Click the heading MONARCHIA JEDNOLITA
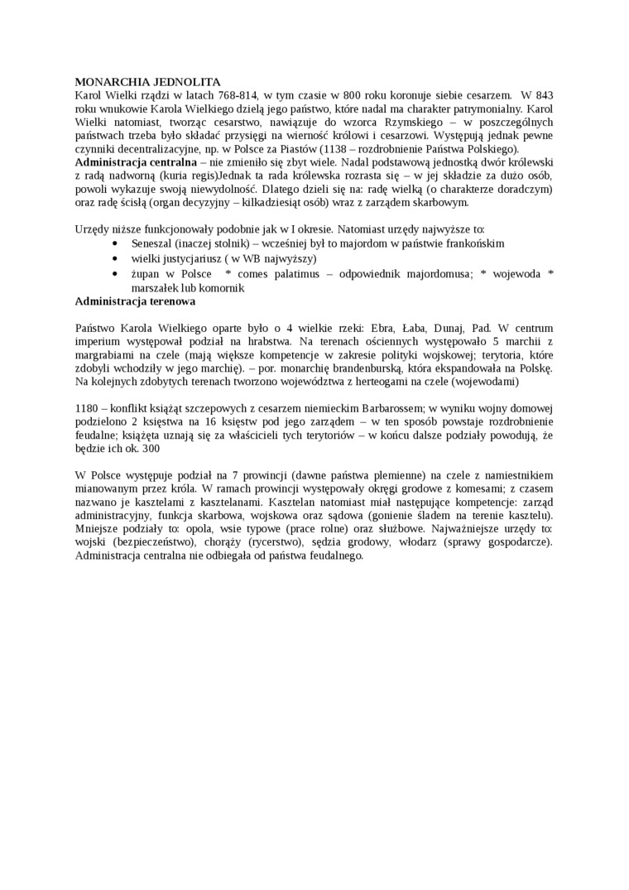147,82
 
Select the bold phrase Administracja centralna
136,161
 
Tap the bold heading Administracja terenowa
135,301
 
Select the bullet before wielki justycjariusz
113,258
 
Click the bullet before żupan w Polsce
113,273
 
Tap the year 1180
89,408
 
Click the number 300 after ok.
150,448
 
